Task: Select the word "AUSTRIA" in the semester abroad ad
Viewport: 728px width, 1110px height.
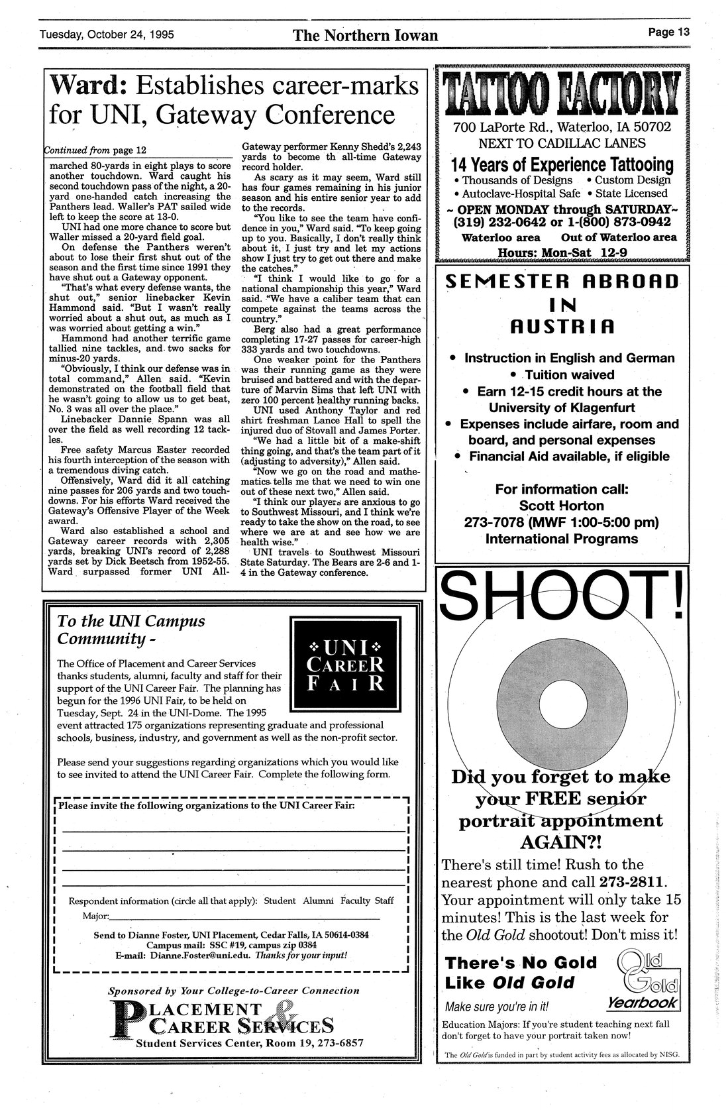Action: click(x=561, y=327)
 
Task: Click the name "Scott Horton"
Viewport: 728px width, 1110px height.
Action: click(x=561, y=506)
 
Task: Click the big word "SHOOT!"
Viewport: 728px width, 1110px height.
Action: click(x=562, y=598)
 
